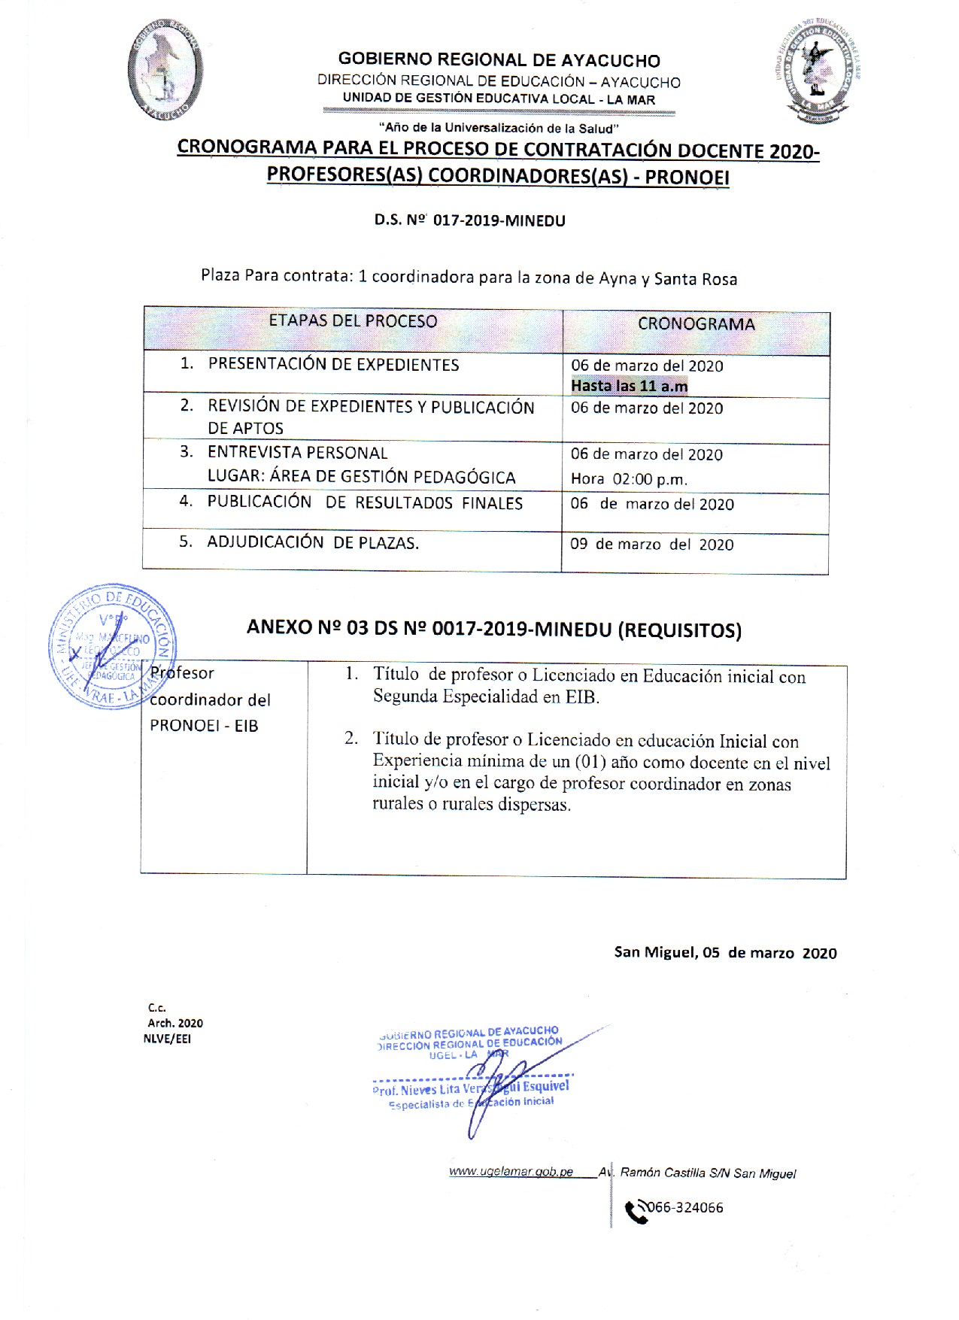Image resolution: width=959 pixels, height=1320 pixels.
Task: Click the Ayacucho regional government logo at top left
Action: [165, 69]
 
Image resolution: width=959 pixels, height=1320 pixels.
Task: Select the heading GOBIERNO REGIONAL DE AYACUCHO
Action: [499, 60]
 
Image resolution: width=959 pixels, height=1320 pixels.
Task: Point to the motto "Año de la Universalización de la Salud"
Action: [499, 128]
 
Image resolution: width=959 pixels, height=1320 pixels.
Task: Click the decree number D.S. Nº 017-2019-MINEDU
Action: [470, 220]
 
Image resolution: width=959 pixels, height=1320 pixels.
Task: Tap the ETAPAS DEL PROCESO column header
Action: [353, 321]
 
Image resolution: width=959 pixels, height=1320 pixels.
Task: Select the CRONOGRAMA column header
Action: [696, 324]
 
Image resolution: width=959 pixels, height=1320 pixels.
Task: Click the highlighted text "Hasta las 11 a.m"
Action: [629, 386]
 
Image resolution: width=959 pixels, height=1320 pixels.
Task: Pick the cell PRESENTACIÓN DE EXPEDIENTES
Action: [333, 365]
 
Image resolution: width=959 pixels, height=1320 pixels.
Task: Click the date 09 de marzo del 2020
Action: [651, 545]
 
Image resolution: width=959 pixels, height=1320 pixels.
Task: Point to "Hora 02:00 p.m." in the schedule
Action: [629, 479]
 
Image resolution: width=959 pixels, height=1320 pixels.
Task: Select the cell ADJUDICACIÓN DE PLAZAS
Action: [313, 542]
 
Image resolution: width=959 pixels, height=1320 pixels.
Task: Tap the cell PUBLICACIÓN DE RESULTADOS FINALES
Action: [365, 502]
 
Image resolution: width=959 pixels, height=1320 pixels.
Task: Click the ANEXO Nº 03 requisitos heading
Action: [494, 629]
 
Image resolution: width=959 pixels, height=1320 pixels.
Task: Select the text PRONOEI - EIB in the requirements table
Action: [204, 726]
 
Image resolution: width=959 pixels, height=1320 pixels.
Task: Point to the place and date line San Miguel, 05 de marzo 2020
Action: [725, 953]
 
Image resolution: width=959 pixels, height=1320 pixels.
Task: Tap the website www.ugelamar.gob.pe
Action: [511, 1172]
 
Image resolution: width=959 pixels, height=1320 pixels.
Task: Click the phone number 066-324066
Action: [685, 1208]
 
